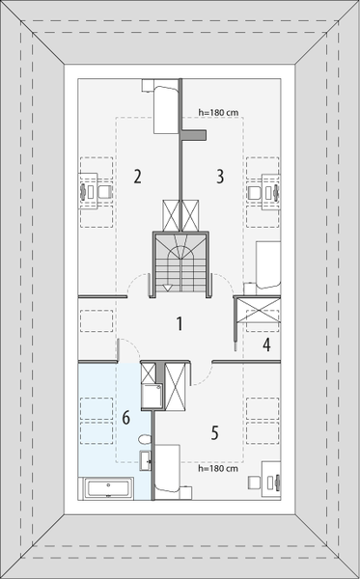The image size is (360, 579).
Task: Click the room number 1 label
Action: tap(179, 323)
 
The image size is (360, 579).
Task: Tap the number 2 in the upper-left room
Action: tap(138, 177)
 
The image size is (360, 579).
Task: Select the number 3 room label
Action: tap(220, 177)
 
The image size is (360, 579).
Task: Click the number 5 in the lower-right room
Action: tap(214, 432)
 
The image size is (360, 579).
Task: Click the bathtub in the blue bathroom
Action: tap(108, 488)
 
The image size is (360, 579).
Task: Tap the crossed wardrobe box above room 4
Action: tap(258, 312)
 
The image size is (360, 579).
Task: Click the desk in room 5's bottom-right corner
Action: tap(272, 481)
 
